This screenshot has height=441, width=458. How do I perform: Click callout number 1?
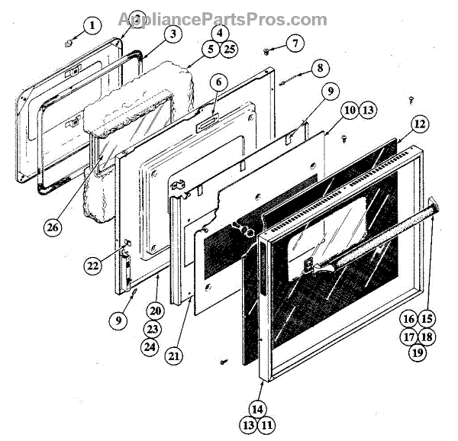coord(92,27)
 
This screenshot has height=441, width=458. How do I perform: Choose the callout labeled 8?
coord(318,67)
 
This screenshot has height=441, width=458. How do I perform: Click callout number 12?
coord(418,122)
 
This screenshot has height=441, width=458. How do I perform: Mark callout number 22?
coord(92,266)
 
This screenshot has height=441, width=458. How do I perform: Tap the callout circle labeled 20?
coord(156,311)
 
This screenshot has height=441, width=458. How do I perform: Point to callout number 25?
coord(228,50)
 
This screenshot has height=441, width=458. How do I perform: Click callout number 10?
coord(349,111)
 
